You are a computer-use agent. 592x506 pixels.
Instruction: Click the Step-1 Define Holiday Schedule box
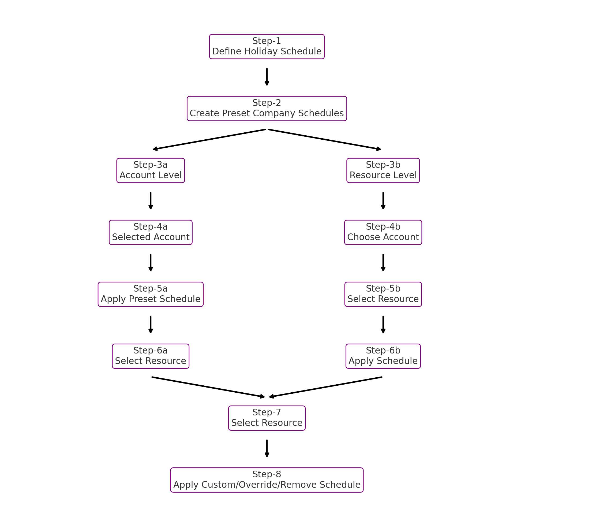[267, 47]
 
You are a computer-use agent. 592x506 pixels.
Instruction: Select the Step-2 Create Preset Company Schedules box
[267, 109]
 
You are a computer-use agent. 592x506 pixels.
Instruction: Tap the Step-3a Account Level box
[151, 170]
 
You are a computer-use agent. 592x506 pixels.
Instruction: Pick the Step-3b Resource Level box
[383, 170]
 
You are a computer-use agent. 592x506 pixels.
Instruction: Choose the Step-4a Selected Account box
[151, 232]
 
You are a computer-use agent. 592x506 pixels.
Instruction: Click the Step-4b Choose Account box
[383, 232]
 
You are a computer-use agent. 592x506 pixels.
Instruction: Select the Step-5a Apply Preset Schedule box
[151, 294]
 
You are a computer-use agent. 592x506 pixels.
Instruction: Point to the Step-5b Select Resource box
[383, 294]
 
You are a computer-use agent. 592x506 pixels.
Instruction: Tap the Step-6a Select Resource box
[151, 356]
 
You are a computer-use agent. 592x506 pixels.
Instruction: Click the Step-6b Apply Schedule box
[383, 356]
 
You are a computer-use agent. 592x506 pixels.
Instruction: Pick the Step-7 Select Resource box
[267, 418]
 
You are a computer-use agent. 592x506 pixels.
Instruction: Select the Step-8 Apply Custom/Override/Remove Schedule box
[267, 480]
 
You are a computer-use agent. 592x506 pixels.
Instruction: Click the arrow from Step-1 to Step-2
[267, 77]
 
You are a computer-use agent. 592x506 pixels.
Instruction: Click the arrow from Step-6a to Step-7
[209, 387]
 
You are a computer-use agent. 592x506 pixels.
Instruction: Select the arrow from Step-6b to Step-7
[326, 387]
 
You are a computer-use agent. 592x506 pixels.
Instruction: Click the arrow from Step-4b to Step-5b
[383, 262]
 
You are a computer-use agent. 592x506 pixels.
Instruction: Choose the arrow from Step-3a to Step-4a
[151, 201]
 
